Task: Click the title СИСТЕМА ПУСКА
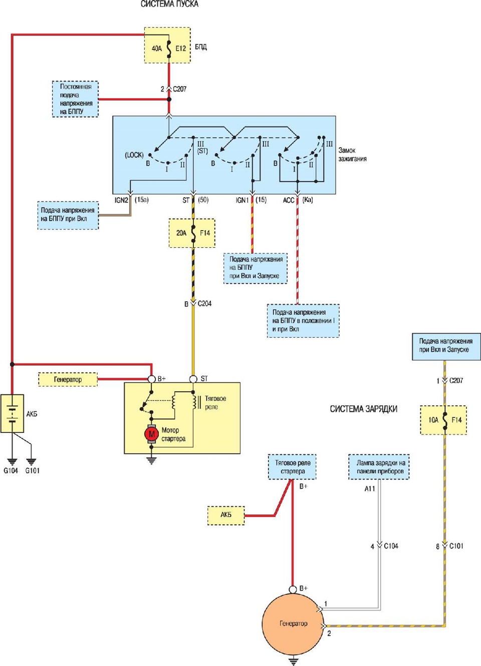tap(169, 4)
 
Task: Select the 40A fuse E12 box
tap(167, 45)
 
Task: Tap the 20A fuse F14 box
tap(192, 233)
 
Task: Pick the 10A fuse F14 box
tap(443, 420)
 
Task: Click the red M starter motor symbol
tap(151, 434)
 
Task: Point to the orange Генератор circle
tap(293, 623)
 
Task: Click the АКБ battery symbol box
tap(12, 413)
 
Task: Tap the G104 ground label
tap(11, 471)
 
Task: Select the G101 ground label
tap(32, 471)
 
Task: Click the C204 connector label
tap(205, 304)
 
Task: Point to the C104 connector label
tap(391, 546)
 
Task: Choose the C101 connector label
tap(456, 546)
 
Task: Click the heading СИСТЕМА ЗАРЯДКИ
tap(363, 409)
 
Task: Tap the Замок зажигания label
tap(352, 154)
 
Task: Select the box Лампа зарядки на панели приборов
tap(379, 467)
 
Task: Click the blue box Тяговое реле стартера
tap(292, 467)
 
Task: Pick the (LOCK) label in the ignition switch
tap(134, 155)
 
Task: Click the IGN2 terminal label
tap(121, 200)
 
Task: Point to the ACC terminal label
tap(289, 200)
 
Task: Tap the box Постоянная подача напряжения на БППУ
tap(75, 99)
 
